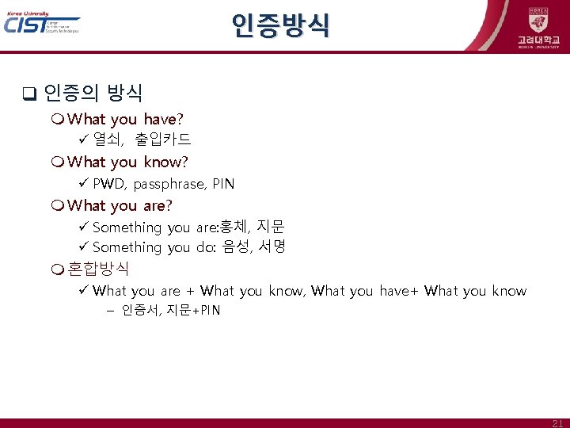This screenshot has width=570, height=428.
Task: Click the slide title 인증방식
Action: [280, 26]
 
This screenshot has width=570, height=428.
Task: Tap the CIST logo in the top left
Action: [41, 24]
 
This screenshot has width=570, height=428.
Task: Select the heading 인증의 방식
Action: [93, 94]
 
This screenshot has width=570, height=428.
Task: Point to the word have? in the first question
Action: [164, 119]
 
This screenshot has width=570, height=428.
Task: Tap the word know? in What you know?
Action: [165, 162]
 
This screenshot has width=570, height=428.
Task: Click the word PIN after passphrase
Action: [223, 184]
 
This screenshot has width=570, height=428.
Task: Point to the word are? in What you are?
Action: [158, 205]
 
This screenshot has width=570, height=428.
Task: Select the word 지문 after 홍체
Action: [271, 227]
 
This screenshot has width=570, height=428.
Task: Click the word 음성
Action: [235, 247]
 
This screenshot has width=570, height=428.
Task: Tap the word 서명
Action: [272, 247]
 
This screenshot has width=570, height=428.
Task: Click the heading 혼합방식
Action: [98, 269]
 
